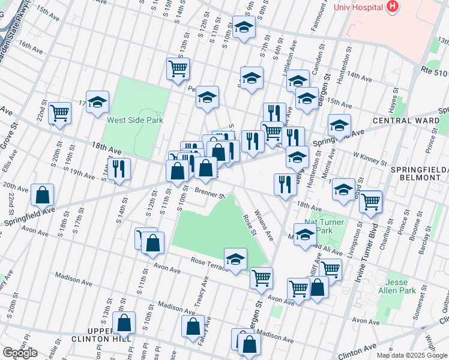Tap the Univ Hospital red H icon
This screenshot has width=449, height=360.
[x=393, y=7]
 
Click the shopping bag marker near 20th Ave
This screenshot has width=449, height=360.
[x=42, y=195]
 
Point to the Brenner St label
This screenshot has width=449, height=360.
[x=209, y=194]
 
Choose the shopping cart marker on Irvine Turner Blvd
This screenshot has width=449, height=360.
[x=371, y=202]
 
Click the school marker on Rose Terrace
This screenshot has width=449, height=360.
[x=236, y=259]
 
